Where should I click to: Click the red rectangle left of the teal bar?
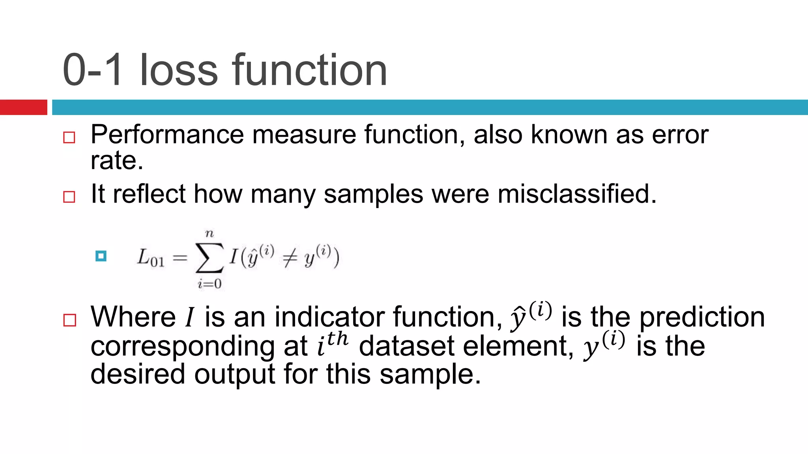[x=23, y=107]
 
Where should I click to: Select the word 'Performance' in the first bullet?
[x=167, y=135]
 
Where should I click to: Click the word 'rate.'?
[x=117, y=161]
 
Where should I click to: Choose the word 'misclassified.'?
[x=577, y=194]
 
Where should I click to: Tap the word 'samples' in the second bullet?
[x=373, y=195]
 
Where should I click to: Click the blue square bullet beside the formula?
[x=101, y=256]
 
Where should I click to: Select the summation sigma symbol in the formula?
[x=209, y=258]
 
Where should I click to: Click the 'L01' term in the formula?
[x=150, y=258]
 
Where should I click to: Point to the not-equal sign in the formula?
[x=289, y=259]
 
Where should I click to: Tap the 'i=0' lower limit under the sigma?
[x=209, y=284]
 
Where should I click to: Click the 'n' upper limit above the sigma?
[x=209, y=234]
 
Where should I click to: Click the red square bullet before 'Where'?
[x=69, y=320]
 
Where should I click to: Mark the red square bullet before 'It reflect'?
[x=69, y=197]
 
